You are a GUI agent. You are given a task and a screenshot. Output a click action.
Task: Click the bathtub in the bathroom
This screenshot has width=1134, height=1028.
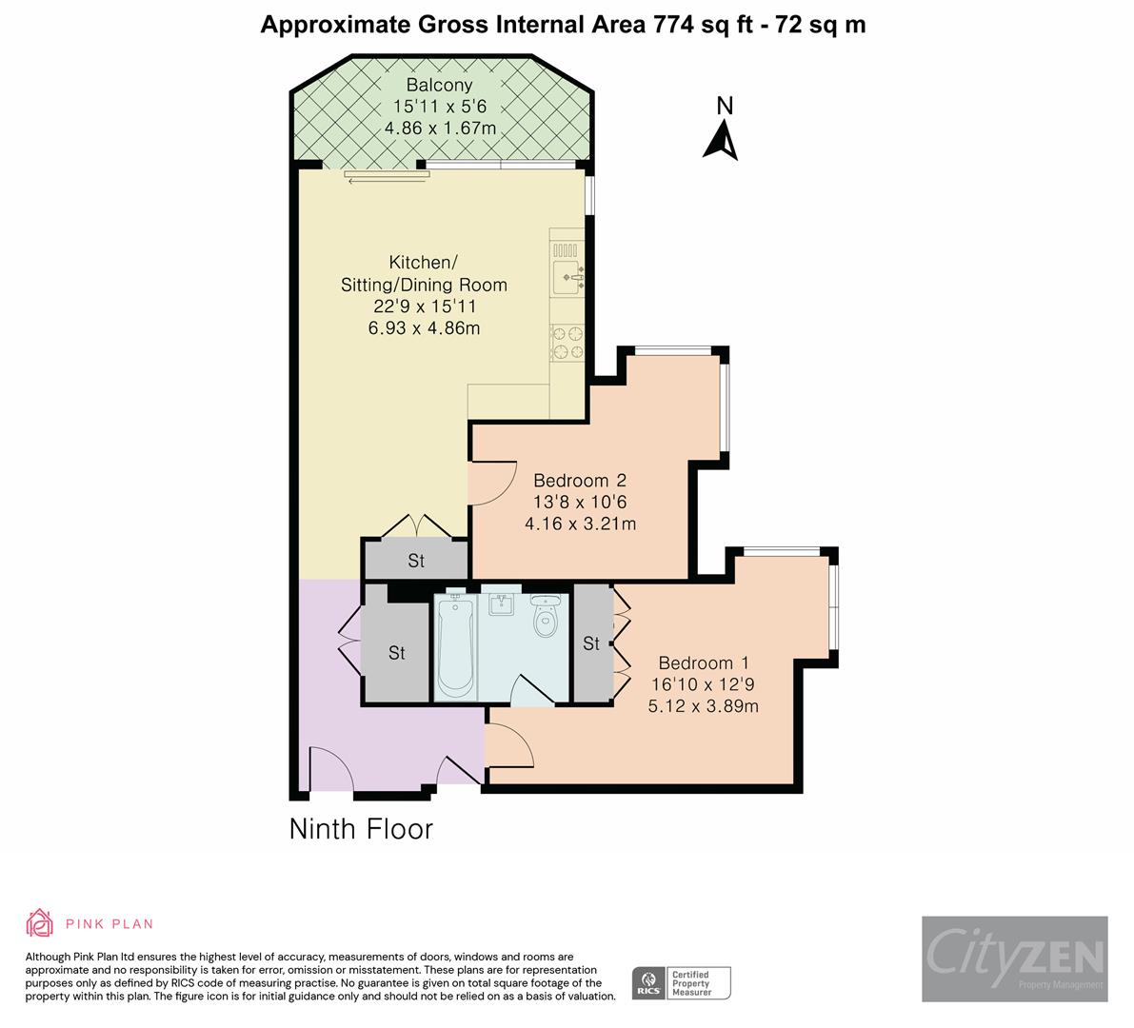click(x=455, y=645)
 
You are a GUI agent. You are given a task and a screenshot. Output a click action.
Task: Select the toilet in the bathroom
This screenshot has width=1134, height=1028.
click(x=546, y=617)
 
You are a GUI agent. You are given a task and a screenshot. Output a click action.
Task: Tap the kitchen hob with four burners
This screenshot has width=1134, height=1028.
click(x=567, y=343)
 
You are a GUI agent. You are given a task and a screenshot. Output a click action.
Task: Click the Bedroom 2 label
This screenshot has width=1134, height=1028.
click(x=580, y=481)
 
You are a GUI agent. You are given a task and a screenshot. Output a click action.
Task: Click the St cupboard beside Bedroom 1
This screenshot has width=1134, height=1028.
click(x=591, y=644)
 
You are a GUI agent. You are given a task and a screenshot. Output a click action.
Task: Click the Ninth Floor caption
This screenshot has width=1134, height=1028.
click(x=361, y=829)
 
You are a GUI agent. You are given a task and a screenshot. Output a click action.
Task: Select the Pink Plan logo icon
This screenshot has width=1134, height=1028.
click(x=40, y=923)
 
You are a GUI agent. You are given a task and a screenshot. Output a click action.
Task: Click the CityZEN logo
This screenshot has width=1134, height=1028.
click(x=1014, y=959)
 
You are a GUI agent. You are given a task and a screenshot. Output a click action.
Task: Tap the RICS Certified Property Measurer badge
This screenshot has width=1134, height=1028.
click(x=682, y=982)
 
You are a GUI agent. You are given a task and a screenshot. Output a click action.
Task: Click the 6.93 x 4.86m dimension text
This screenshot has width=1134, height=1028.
click(x=424, y=328)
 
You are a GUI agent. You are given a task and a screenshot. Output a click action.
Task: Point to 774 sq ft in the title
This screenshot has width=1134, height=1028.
click(x=701, y=25)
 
